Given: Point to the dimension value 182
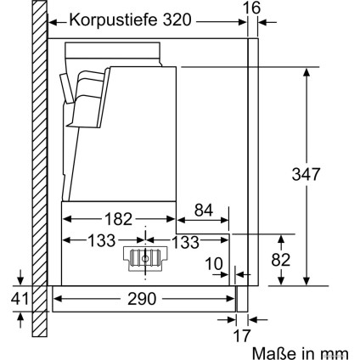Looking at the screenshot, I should pos(123,219).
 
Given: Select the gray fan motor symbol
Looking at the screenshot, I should pos(143,260).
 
